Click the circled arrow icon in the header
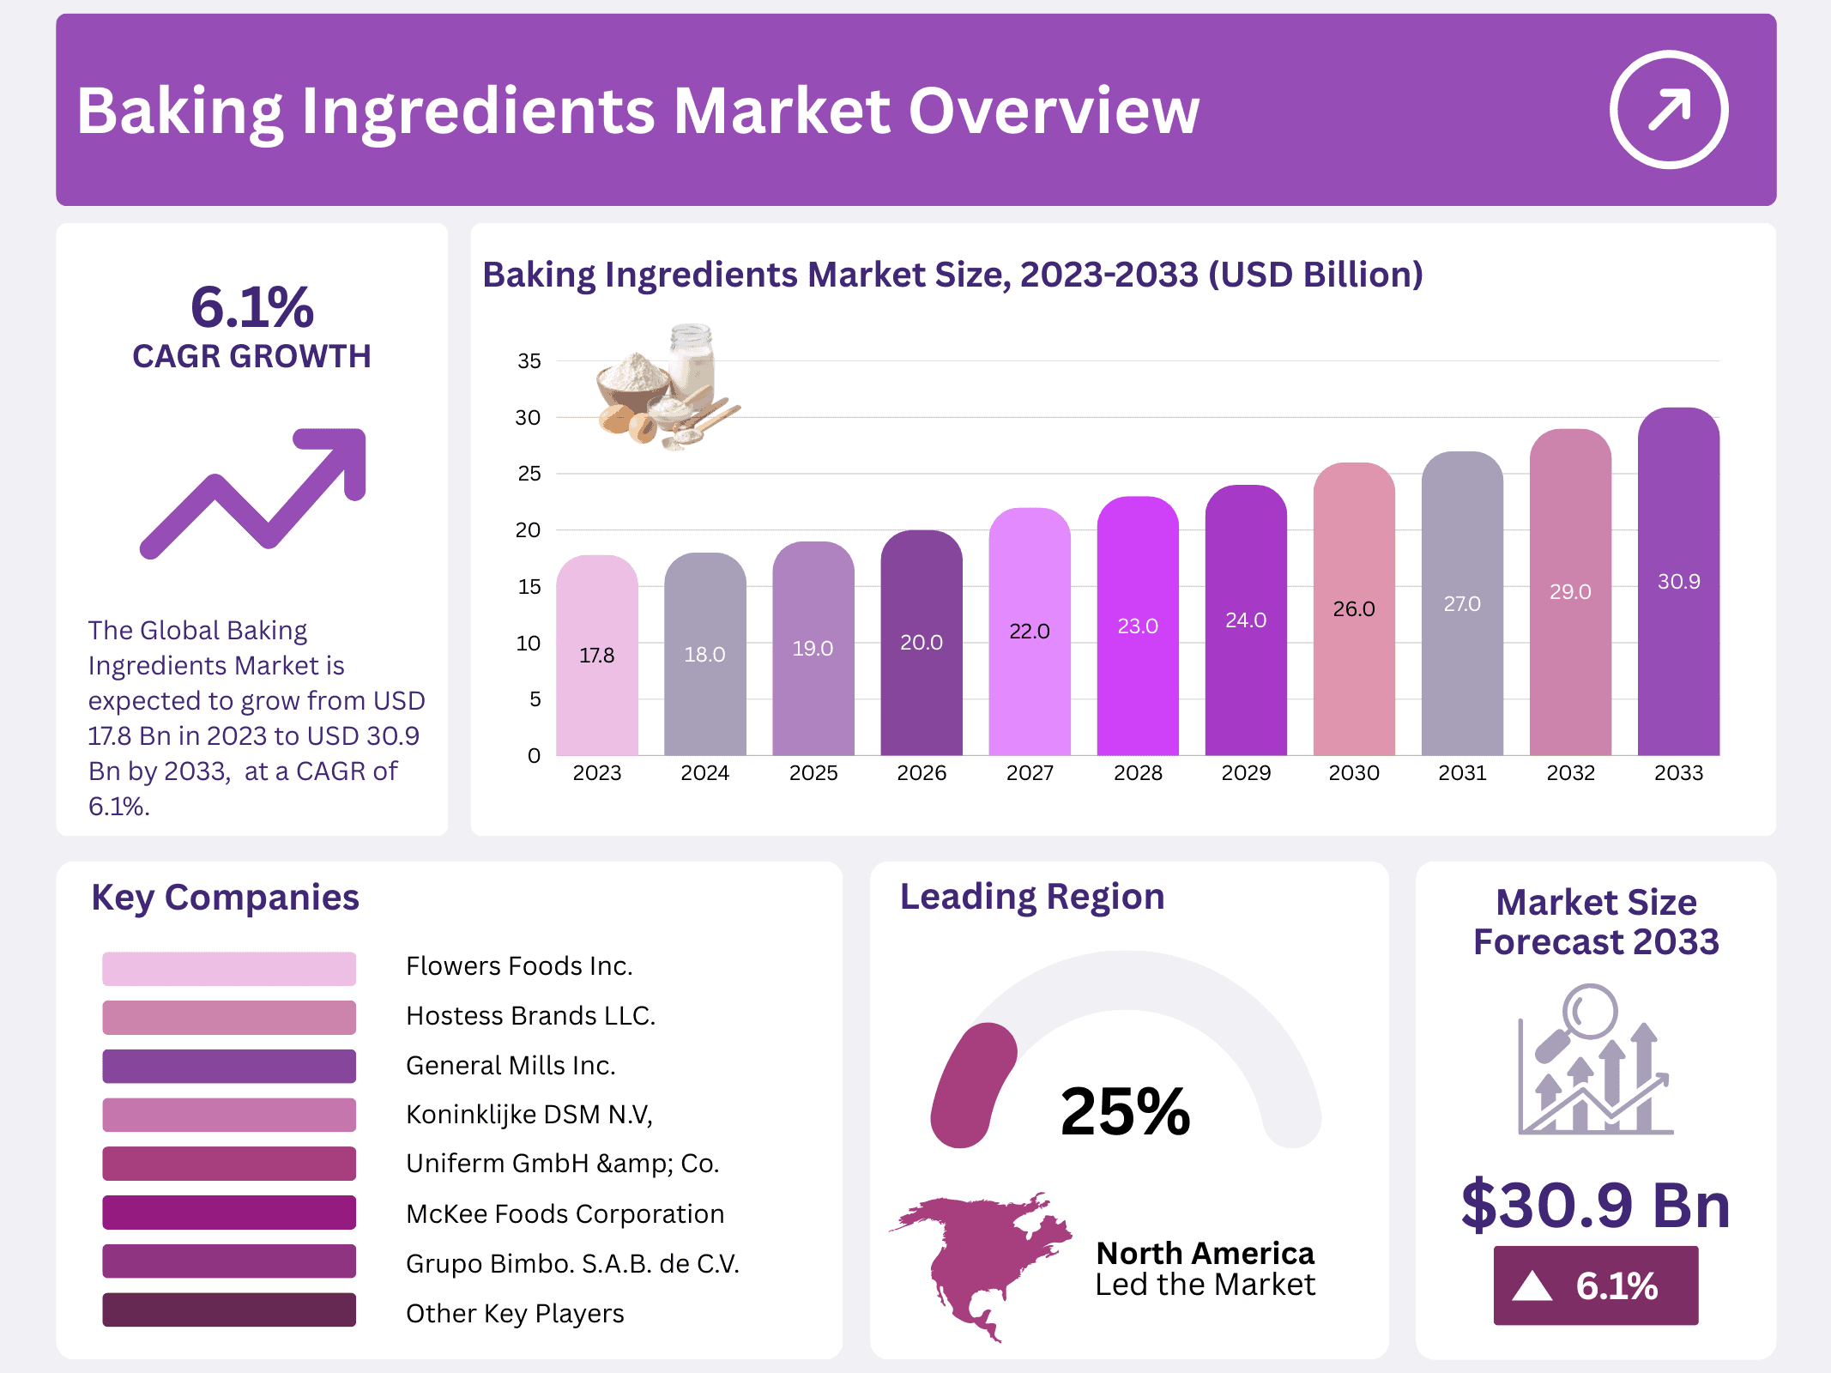[1668, 110]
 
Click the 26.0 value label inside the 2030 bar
[1354, 609]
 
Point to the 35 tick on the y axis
[529, 361]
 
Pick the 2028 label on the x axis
[1138, 773]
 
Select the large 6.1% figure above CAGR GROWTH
[252, 307]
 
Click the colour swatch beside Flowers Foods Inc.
[229, 969]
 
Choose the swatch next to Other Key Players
[229, 1310]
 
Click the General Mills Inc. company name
[511, 1066]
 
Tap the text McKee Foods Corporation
[565, 1214]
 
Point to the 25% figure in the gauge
[1125, 1112]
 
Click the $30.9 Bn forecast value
[1595, 1206]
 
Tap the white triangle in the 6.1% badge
[1532, 1286]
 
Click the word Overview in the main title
[1054, 112]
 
